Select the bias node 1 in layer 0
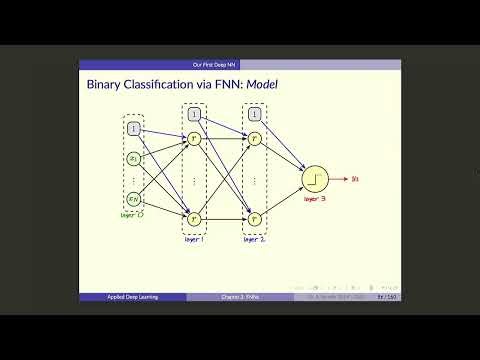click(x=134, y=128)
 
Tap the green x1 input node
click(x=134, y=158)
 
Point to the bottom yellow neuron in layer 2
click(x=255, y=217)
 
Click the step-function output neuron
click(x=315, y=179)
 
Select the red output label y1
click(x=357, y=179)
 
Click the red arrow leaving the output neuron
click(x=339, y=179)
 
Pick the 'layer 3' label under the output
click(x=315, y=200)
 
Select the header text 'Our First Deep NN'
click(x=240, y=64)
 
